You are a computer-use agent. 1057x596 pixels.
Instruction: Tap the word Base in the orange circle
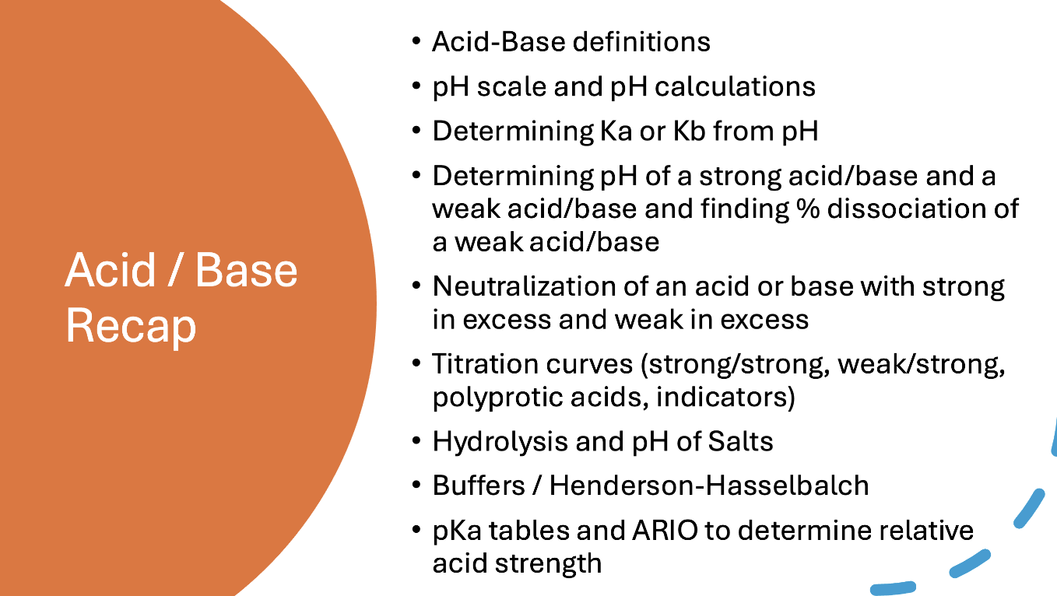pos(246,270)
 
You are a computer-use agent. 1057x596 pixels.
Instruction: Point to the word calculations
pos(732,86)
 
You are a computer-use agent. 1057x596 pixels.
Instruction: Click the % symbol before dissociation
pos(806,209)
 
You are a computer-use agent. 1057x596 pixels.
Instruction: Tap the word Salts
pos(740,442)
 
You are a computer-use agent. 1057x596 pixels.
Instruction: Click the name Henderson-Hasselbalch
pos(708,486)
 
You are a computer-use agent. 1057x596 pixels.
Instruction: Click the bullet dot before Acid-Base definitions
pos(418,41)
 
